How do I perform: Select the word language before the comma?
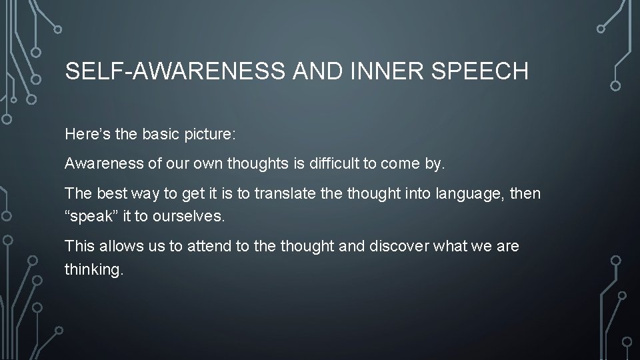click(468, 193)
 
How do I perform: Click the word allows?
click(119, 247)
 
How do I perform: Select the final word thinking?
click(94, 271)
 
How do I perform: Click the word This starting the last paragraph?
click(79, 247)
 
